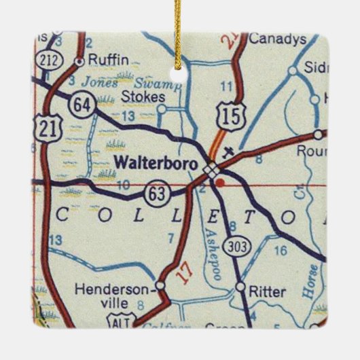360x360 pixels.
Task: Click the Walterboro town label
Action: click(x=156, y=163)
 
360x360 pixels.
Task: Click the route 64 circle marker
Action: click(x=80, y=105)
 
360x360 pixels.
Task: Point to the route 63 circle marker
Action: click(x=157, y=194)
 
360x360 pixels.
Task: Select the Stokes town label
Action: click(x=143, y=97)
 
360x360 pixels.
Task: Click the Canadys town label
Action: click(x=277, y=39)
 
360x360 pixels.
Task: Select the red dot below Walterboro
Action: click(x=218, y=181)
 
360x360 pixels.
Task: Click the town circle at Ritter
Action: click(x=240, y=287)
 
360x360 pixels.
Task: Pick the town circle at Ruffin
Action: click(x=79, y=61)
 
